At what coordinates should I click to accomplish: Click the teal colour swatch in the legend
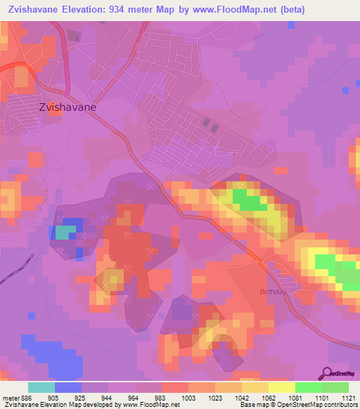tap(41, 387)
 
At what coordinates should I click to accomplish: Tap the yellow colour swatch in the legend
tap(281, 387)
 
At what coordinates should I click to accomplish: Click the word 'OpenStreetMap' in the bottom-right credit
tap(330, 405)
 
